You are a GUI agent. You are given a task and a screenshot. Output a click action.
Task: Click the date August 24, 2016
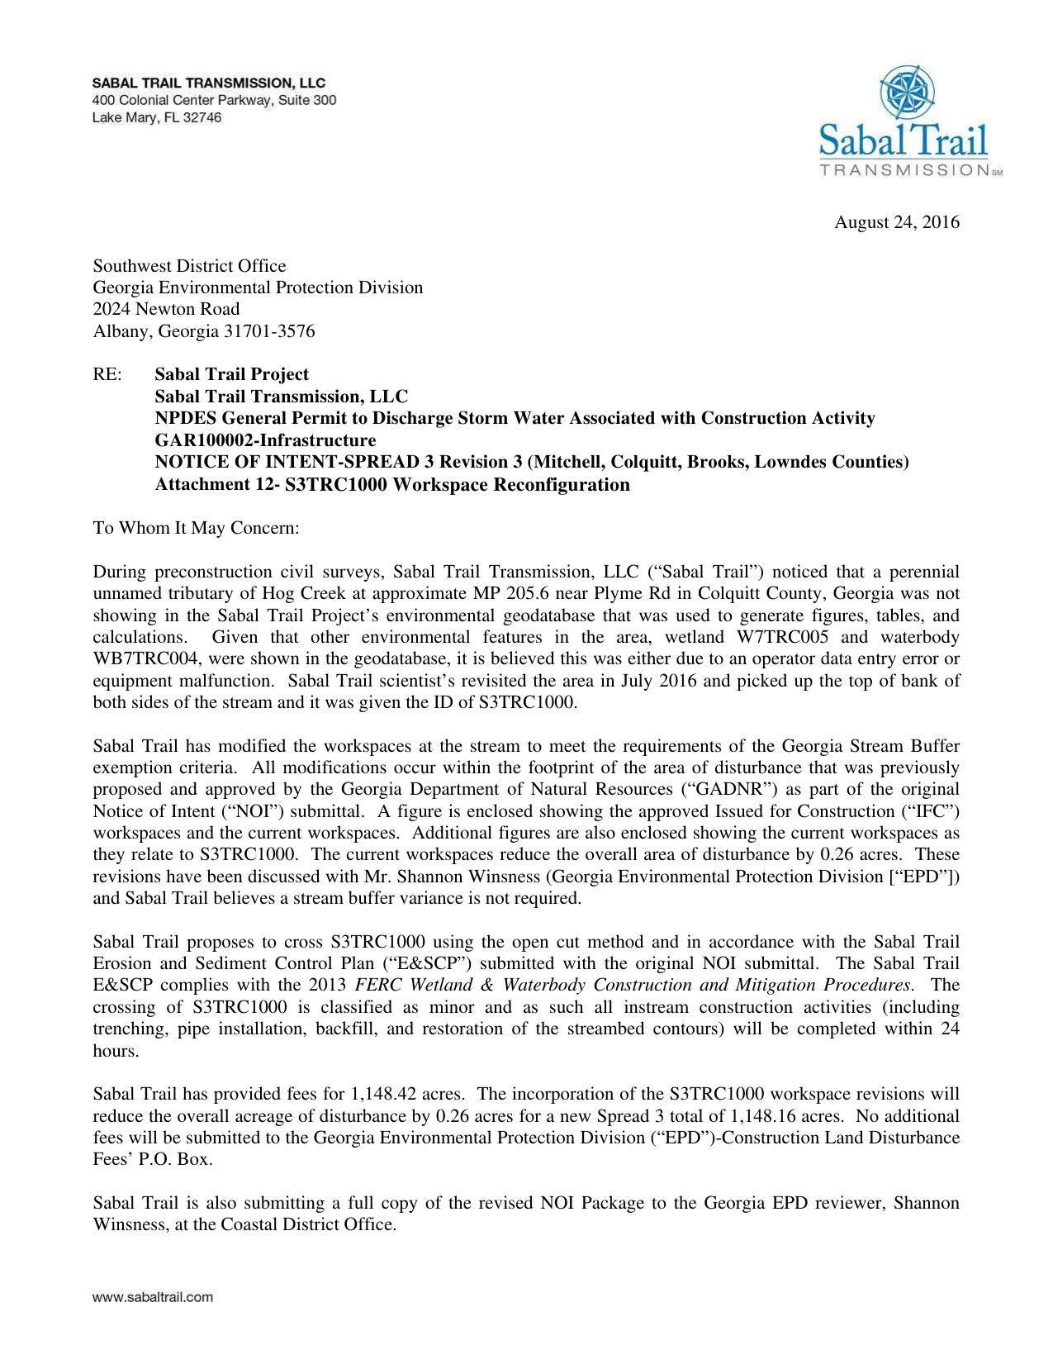pos(896,222)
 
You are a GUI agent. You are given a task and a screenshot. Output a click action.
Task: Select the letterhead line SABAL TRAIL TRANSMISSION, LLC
pos(208,83)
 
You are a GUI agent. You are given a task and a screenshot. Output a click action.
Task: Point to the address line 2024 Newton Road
pos(166,309)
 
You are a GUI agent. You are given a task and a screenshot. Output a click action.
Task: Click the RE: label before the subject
pos(107,374)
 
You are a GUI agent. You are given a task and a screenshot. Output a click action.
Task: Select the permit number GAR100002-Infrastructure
pos(265,440)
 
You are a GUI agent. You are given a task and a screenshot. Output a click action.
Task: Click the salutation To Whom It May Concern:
pos(196,528)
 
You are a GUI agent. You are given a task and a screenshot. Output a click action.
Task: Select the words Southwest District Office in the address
pos(189,266)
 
